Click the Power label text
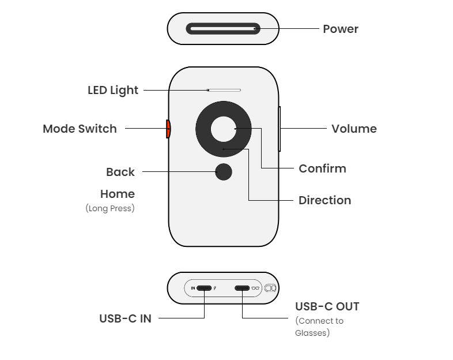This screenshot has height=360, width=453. click(340, 29)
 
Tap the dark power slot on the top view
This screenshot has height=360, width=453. click(222, 28)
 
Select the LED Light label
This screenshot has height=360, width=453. click(113, 90)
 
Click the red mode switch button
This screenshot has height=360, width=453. click(168, 129)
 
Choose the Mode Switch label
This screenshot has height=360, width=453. click(80, 129)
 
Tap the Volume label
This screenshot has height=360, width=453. click(354, 129)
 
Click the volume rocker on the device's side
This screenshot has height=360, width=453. click(280, 129)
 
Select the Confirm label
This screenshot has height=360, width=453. click(322, 168)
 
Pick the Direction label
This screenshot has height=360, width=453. click(324, 200)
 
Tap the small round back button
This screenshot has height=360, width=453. click(223, 171)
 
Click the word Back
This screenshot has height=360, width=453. click(120, 172)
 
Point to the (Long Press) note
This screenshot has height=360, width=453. click(110, 208)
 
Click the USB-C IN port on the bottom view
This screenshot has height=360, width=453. click(204, 287)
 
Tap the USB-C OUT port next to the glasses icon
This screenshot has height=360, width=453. click(241, 287)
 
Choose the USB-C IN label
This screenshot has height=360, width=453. click(125, 318)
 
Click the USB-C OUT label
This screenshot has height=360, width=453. click(327, 306)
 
